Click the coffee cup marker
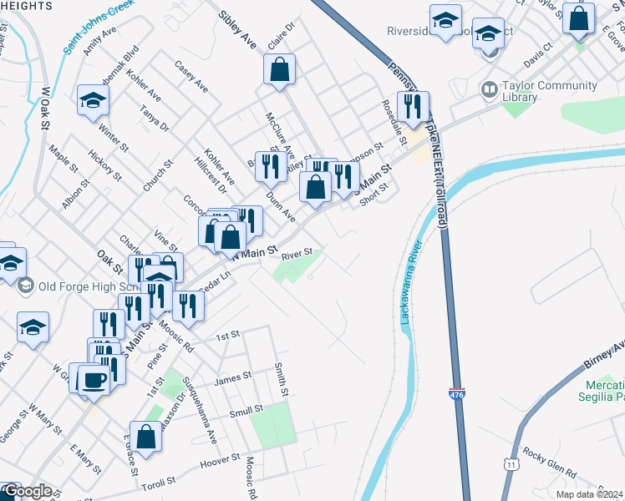point(94,382)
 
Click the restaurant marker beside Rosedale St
point(413,108)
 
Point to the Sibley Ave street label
point(237,30)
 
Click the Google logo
point(26,491)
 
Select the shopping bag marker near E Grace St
point(146,438)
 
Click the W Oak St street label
point(45,101)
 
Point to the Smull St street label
point(246,410)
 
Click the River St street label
point(297,252)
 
